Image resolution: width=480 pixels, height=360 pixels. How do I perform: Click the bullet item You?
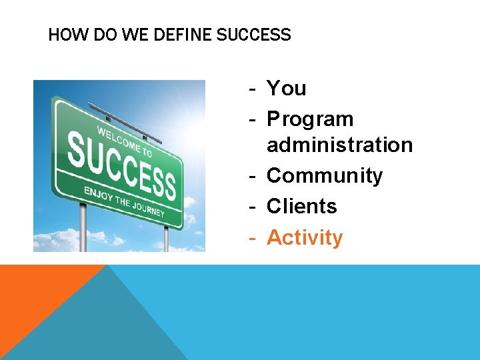point(287,88)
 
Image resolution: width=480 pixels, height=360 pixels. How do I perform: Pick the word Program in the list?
point(310,119)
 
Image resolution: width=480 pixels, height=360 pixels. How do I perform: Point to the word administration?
point(339,145)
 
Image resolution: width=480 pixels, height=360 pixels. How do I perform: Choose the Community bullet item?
point(325,176)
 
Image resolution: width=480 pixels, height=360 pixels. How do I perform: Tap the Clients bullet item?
point(301,207)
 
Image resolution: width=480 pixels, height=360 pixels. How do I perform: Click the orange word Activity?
point(305,237)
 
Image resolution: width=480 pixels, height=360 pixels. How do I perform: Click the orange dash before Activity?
point(253,237)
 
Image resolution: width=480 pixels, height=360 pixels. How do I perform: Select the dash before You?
point(253,88)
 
